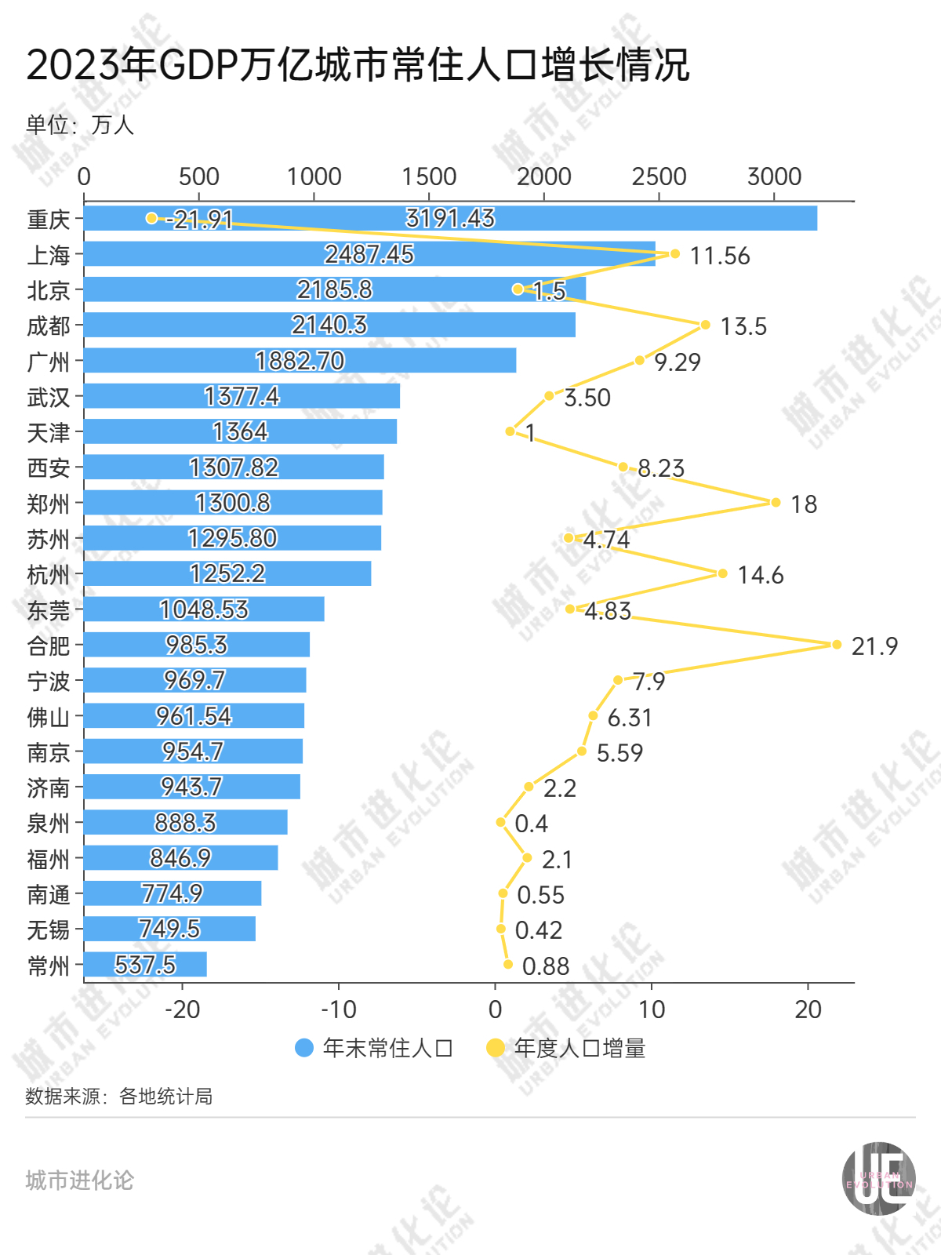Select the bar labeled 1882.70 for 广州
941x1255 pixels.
click(x=300, y=361)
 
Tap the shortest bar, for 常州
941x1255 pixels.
click(x=145, y=965)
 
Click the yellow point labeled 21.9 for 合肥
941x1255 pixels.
click(x=836, y=645)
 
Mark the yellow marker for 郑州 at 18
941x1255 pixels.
click(x=776, y=503)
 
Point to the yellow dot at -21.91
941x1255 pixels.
click(x=151, y=218)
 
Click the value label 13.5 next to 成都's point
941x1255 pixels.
click(x=743, y=326)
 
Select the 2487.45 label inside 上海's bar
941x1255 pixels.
click(x=369, y=254)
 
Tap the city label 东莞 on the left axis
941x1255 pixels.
click(x=49, y=610)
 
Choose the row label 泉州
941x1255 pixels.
click(x=49, y=824)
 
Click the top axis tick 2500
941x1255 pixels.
click(x=659, y=177)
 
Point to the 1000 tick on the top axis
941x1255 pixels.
click(x=314, y=177)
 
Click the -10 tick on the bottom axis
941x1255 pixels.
click(x=339, y=1009)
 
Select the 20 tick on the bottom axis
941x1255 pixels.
click(x=808, y=1009)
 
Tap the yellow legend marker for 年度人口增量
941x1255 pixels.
click(x=496, y=1048)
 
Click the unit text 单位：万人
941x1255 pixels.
click(x=80, y=125)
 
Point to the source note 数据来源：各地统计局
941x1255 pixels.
click(x=118, y=1096)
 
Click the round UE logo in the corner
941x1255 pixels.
click(x=878, y=1179)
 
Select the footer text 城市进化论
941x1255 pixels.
click(x=79, y=1180)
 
